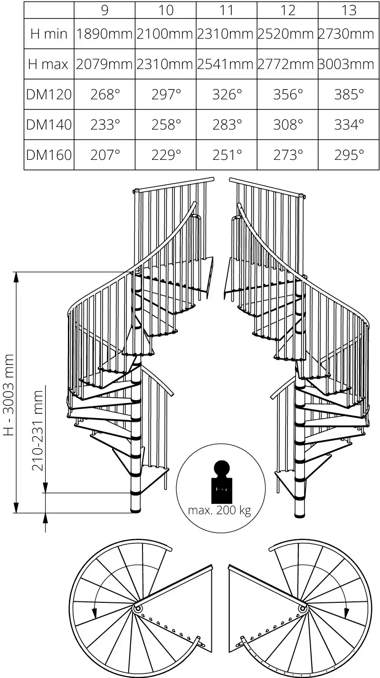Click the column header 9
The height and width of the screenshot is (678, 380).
tap(104, 10)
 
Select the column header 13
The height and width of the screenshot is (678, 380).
tap(349, 10)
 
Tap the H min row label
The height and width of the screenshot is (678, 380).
tap(49, 34)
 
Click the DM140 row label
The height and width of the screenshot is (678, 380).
tap(49, 125)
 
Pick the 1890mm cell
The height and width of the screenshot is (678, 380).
tap(104, 34)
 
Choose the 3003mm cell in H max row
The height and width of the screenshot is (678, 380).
tap(349, 64)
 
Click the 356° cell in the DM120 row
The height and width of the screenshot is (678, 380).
tap(288, 94)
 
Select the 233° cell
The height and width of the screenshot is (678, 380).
tap(104, 125)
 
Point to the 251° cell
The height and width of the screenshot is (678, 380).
tap(227, 155)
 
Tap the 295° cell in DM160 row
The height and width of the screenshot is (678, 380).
tap(349, 155)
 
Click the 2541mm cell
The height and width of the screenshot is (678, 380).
tap(227, 64)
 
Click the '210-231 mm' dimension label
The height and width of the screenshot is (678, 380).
tap(38, 431)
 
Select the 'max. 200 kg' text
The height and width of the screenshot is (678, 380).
tap(219, 511)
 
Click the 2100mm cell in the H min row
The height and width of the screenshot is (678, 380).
tap(166, 34)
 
